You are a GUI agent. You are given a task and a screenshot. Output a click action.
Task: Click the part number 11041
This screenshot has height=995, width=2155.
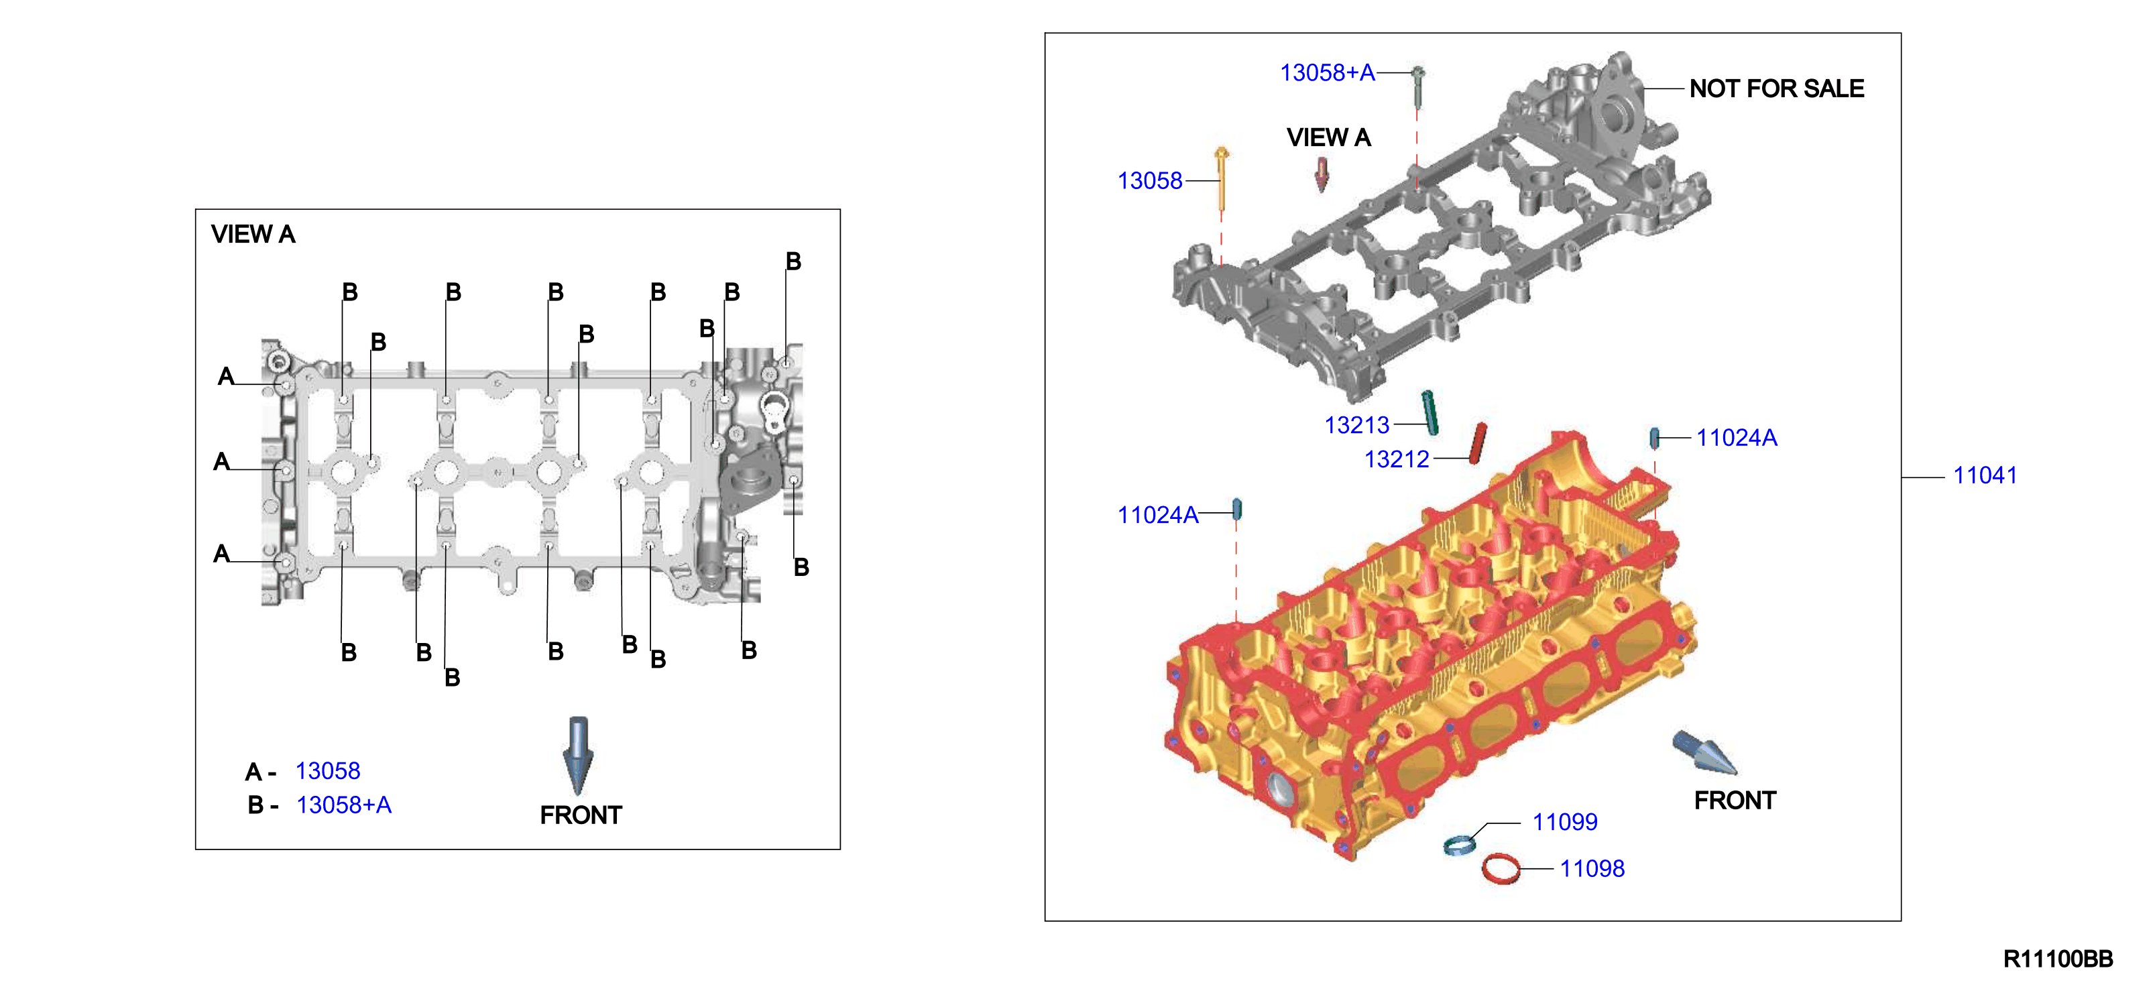pos(1984,475)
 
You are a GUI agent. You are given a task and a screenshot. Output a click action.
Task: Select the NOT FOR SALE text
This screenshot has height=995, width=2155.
pos(1776,88)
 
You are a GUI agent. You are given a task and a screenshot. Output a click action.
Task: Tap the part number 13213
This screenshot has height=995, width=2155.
pos(1356,425)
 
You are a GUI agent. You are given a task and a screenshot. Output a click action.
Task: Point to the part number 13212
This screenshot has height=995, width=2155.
pos(1396,459)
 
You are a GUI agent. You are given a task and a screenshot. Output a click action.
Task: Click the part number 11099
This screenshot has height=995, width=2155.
pos(1564,822)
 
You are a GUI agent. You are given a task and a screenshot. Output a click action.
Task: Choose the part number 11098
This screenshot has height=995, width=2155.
pos(1592,869)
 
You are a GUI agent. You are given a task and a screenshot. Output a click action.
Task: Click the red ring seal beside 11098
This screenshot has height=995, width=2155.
pos(1500,869)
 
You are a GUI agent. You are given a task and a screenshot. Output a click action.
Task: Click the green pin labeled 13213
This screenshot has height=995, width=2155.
pos(1430,412)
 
